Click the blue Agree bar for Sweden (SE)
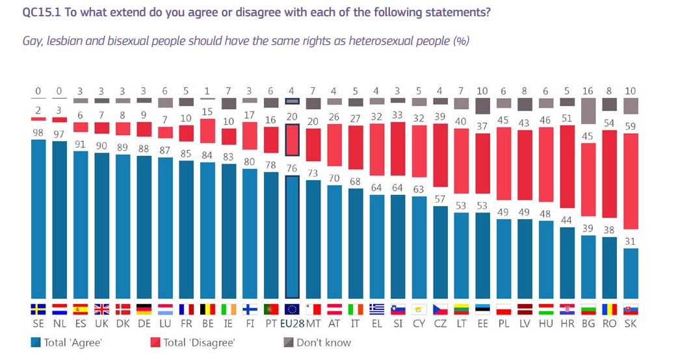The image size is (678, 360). (x=39, y=218)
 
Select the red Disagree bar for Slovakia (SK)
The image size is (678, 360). (x=629, y=181)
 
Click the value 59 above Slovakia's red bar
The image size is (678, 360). (x=629, y=127)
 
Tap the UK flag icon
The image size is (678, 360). (x=101, y=309)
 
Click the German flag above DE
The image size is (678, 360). (x=144, y=309)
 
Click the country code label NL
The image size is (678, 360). (x=60, y=323)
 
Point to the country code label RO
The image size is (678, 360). (x=608, y=323)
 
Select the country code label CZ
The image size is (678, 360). (x=440, y=323)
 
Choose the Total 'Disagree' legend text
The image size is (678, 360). (x=199, y=342)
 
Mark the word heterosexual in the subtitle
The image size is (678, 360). (x=359, y=41)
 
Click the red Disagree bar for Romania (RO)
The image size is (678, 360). (x=608, y=174)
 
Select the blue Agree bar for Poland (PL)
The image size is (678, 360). (x=503, y=259)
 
